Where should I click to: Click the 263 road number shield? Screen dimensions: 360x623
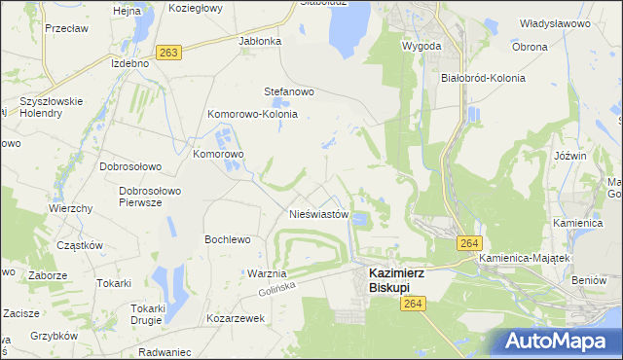click(x=168, y=53)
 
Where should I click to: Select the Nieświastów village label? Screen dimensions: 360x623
click(x=318, y=214)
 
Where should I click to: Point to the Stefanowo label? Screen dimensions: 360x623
click(x=289, y=92)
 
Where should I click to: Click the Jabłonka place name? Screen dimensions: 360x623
click(x=260, y=42)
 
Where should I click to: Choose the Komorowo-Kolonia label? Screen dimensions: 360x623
click(x=251, y=114)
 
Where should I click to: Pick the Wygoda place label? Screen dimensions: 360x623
click(x=421, y=46)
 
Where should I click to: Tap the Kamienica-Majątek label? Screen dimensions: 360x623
click(x=523, y=258)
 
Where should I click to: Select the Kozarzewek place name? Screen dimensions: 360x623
click(x=236, y=318)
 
